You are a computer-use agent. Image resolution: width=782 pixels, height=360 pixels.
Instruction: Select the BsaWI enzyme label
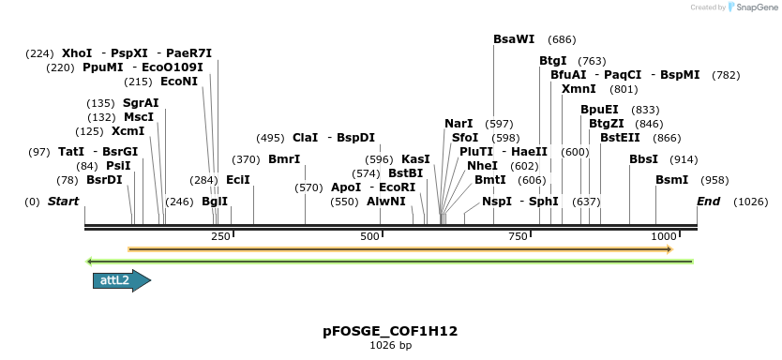tap(514, 39)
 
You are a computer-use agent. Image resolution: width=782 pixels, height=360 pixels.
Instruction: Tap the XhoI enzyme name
tap(77, 53)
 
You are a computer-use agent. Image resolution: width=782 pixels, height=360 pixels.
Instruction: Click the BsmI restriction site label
tap(671, 179)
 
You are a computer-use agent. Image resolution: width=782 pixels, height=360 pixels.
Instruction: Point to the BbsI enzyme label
tap(643, 159)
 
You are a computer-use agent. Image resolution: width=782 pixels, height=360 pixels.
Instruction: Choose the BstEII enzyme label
tap(620, 138)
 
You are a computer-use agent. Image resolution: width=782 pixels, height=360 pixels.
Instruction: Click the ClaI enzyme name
tap(306, 137)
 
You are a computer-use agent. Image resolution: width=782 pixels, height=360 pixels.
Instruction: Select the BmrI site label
tap(284, 159)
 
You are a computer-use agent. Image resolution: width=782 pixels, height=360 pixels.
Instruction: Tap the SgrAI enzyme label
tap(141, 103)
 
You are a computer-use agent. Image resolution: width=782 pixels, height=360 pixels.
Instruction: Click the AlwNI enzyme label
tap(386, 202)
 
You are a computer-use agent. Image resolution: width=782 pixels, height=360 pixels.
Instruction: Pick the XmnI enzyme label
tap(579, 89)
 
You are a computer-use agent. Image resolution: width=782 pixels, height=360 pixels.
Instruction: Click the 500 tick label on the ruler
tap(369, 236)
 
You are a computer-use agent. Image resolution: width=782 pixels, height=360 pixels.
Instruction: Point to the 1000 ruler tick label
tap(664, 236)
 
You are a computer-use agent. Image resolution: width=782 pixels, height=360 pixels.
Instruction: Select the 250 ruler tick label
tap(221, 236)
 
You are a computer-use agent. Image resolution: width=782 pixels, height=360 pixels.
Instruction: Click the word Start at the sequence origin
tap(63, 202)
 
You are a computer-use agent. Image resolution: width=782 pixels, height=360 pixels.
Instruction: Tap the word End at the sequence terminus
tap(708, 202)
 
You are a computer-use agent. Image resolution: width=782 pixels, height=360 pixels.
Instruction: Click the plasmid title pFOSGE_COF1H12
tap(390, 331)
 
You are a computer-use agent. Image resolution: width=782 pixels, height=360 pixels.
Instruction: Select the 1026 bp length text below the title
tap(390, 346)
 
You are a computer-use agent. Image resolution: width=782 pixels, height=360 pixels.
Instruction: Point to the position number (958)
tap(714, 180)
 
